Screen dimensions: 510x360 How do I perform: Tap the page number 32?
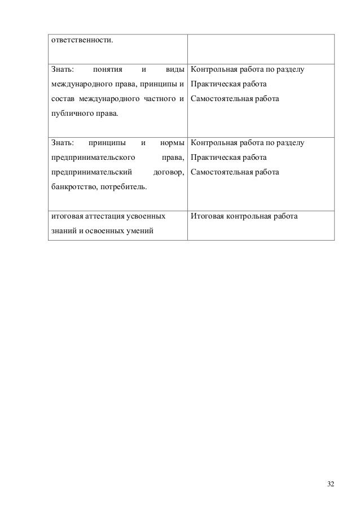pyautogui.click(x=330, y=483)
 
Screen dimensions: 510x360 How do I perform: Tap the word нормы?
pyautogui.click(x=173, y=142)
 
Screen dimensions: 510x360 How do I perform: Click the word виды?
pyautogui.click(x=174, y=70)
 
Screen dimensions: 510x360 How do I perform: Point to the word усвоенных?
pyautogui.click(x=146, y=216)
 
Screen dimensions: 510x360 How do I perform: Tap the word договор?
pyautogui.click(x=169, y=172)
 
